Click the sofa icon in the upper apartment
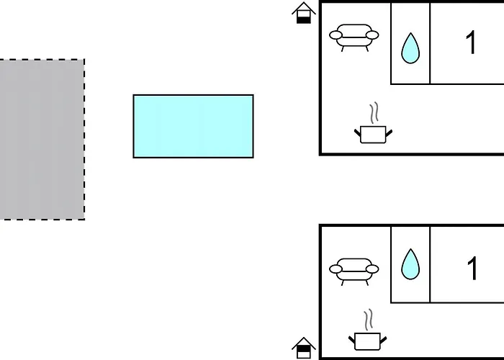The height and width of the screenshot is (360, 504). click(x=354, y=37)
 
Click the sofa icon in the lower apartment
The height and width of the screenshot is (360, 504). click(x=354, y=271)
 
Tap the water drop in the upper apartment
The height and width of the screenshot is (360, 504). click(x=410, y=48)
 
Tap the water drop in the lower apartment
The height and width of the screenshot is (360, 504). click(x=410, y=264)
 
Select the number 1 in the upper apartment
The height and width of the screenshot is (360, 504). click(x=471, y=42)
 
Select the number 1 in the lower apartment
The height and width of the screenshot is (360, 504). click(x=472, y=268)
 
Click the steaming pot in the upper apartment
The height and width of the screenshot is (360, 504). click(x=373, y=123)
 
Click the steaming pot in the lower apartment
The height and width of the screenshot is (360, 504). click(x=367, y=330)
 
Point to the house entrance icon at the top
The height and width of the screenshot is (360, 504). click(x=304, y=13)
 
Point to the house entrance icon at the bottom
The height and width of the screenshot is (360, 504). click(x=304, y=348)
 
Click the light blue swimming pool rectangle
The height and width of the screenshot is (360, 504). click(x=193, y=126)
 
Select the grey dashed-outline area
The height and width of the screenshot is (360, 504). click(x=42, y=140)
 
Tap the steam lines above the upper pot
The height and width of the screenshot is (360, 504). click(x=374, y=113)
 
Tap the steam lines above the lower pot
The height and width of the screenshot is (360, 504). click(x=369, y=320)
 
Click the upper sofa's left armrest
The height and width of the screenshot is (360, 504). click(x=336, y=35)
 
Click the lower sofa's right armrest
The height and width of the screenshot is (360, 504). click(x=372, y=269)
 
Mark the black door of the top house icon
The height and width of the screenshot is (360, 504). click(x=303, y=19)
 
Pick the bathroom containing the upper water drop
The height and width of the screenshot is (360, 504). click(x=410, y=43)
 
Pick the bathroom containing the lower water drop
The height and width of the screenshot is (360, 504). click(x=410, y=264)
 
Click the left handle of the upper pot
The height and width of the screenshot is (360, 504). click(x=358, y=133)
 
